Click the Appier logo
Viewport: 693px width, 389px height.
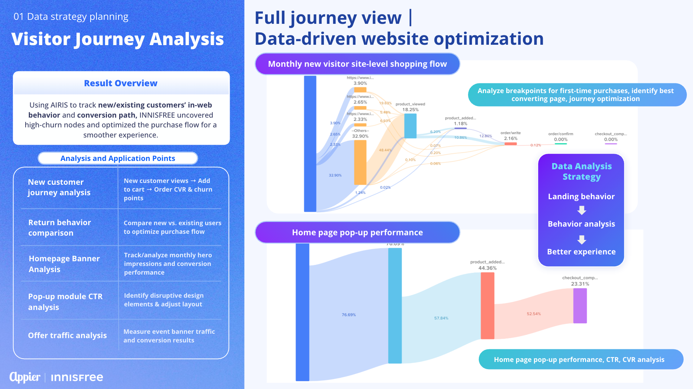coord(25,377)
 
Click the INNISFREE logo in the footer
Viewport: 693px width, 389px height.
coord(77,377)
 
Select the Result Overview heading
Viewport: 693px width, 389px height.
coord(121,83)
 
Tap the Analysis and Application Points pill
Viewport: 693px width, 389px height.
coord(118,158)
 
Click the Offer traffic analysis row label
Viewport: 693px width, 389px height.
coord(68,336)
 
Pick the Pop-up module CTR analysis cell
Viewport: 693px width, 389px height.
coord(65,302)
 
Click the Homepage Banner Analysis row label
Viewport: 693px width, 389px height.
coord(64,264)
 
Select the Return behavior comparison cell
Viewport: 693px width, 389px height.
coord(60,228)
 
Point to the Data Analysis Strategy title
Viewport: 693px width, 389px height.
coord(581,171)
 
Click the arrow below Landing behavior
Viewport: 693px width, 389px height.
coord(582,210)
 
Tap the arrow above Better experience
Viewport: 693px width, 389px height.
coord(582,240)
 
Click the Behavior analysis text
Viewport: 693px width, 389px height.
coord(581,224)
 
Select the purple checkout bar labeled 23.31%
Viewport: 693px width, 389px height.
coord(580,306)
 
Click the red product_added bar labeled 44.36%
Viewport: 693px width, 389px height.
coord(488,306)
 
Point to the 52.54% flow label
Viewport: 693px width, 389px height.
coord(534,314)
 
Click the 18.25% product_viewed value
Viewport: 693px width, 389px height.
coord(411,110)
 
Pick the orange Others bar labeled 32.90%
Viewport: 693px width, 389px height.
coord(360,162)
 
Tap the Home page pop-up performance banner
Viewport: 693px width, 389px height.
coord(358,232)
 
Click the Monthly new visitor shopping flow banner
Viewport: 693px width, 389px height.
coord(358,64)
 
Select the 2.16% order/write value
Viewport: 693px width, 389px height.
coord(511,139)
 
